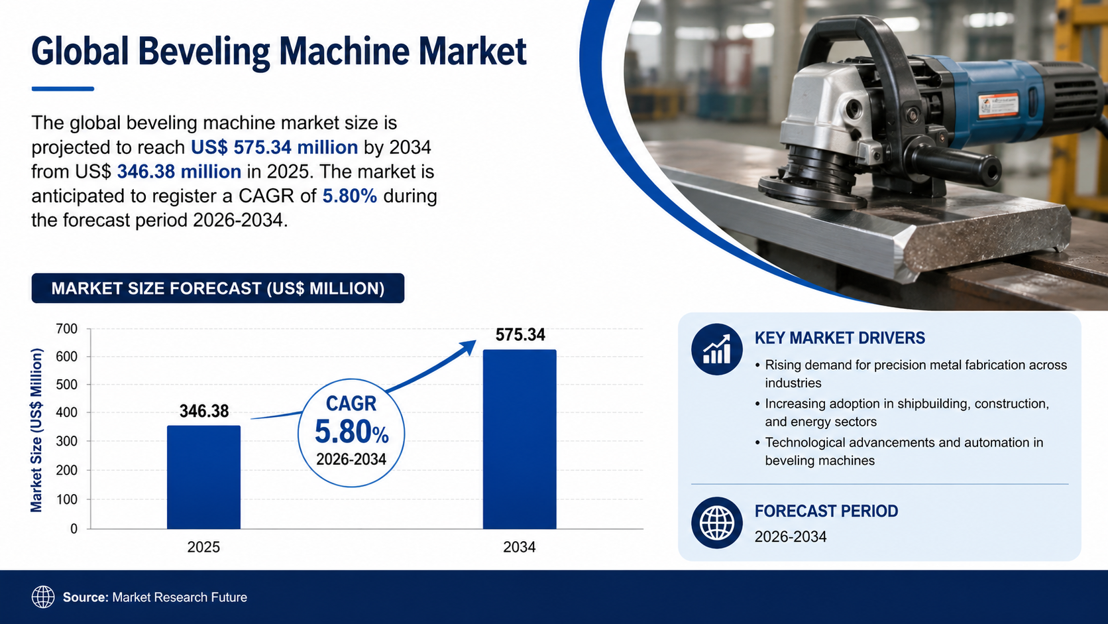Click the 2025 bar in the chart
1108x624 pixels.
click(204, 477)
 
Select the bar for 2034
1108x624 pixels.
click(520, 440)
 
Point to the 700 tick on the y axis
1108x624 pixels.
click(67, 329)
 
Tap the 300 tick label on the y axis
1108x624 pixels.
click(67, 442)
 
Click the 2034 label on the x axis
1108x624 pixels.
click(520, 547)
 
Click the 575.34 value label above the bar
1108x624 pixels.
click(520, 335)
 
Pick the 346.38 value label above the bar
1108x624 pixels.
click(204, 411)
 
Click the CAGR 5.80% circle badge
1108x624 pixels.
click(351, 433)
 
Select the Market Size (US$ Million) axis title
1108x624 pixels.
click(36, 430)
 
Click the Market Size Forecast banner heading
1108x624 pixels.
click(218, 288)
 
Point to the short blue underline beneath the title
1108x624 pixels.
click(63, 89)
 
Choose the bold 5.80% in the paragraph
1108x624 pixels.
click(350, 196)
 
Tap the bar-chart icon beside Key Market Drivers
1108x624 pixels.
click(717, 349)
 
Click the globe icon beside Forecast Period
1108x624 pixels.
click(717, 523)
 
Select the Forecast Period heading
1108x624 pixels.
click(826, 511)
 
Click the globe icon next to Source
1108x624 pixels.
click(43, 597)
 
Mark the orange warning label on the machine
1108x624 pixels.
click(998, 105)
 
